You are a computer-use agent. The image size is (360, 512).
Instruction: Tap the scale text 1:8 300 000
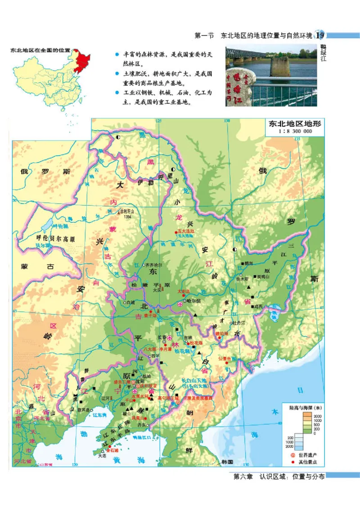pyautogui.click(x=295, y=131)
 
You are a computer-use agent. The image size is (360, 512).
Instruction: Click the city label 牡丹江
pyautogui.click(x=238, y=323)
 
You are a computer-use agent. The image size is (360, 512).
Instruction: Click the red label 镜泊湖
pyautogui.click(x=222, y=334)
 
